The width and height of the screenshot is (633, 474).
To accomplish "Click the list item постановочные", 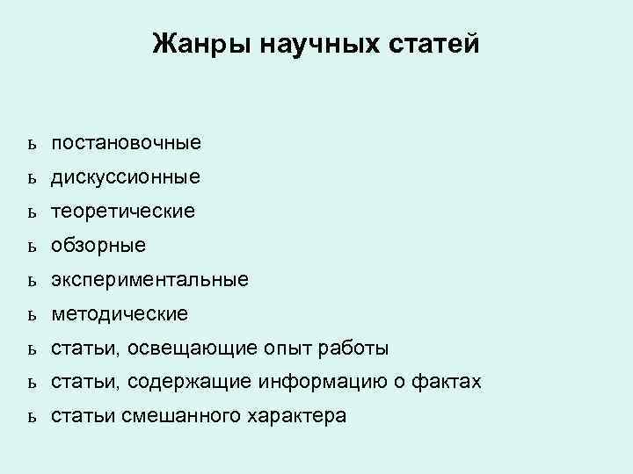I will pos(126,142).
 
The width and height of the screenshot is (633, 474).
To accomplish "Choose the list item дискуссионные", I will pos(125,177).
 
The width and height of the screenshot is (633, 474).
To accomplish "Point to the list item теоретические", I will pos(123,212).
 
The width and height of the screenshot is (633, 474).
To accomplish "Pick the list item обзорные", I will pos(98,246).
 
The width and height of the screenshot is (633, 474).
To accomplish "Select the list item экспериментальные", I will pos(149,280).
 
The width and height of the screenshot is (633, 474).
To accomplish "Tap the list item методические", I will pos(119,313).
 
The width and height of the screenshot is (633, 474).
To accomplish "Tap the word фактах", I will pos(448,382).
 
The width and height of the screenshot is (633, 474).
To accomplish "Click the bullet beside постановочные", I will pos(31,143).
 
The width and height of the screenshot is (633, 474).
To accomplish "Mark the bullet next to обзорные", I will pos(31,247).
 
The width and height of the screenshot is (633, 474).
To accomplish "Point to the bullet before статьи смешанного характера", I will pos(31,416).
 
